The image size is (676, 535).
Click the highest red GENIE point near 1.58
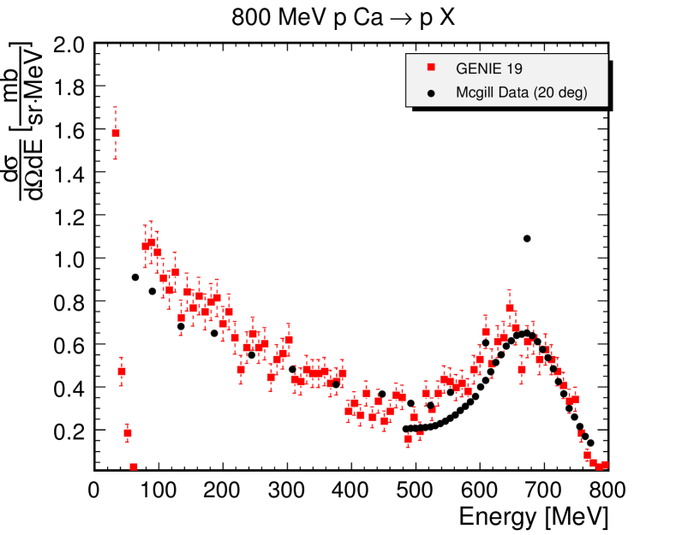[116, 134]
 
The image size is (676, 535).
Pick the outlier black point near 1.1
[527, 239]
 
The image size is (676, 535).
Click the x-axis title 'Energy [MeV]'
[534, 517]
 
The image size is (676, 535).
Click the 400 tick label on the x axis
[350, 491]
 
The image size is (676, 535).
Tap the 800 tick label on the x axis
[607, 491]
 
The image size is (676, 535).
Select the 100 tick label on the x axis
[158, 491]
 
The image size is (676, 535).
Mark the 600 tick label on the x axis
[478, 491]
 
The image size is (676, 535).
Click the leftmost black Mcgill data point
[135, 276]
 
